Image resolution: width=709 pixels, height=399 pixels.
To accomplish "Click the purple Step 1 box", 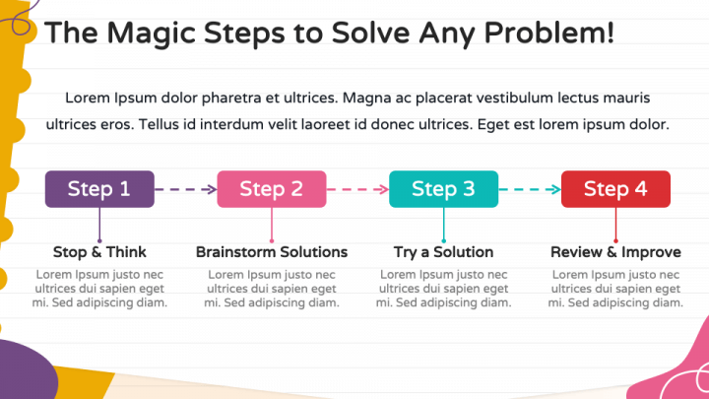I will pyautogui.click(x=99, y=189).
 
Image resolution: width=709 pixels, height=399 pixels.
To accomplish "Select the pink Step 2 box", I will pyautogui.click(x=271, y=189).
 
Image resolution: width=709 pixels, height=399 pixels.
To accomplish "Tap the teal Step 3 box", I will pyautogui.click(x=443, y=189).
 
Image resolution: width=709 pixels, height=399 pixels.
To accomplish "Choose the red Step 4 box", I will pyautogui.click(x=615, y=189).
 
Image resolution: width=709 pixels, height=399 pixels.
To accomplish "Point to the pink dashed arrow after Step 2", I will pyautogui.click(x=357, y=189).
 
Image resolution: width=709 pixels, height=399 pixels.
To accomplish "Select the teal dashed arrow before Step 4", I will pyautogui.click(x=530, y=189).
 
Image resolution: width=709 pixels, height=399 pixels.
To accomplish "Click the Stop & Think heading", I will pyautogui.click(x=99, y=252).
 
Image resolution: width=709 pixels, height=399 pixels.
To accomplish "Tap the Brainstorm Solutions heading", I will pyautogui.click(x=272, y=252).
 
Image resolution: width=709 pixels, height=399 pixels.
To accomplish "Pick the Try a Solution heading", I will pyautogui.click(x=443, y=252).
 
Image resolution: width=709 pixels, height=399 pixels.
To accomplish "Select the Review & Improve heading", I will pyautogui.click(x=615, y=252).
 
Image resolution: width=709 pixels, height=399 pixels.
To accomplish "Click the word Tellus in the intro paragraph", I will pyautogui.click(x=162, y=125).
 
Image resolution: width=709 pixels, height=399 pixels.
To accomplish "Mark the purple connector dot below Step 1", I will pyautogui.click(x=99, y=239).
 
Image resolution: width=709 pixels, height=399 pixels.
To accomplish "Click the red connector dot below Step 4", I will pyautogui.click(x=615, y=239).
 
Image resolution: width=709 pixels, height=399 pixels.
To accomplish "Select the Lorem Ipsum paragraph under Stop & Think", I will pyautogui.click(x=99, y=288).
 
